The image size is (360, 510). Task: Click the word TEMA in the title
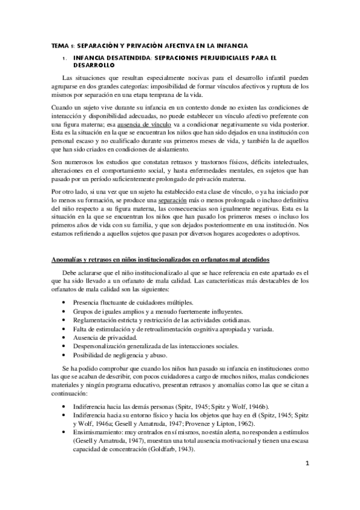58,45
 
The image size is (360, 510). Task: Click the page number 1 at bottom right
307,481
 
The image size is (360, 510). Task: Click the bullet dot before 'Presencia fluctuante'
64,301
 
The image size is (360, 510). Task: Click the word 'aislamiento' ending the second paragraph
170,149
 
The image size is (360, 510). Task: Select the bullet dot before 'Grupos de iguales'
64,311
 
